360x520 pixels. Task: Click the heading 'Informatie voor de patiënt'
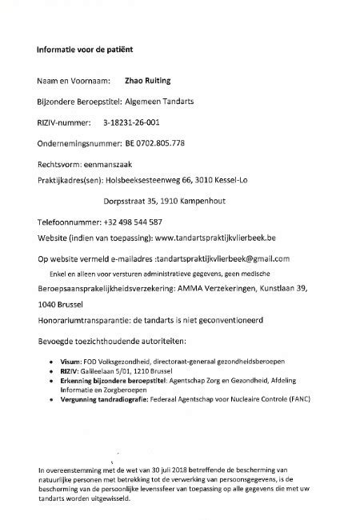[85, 50]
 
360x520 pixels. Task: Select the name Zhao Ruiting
[150, 82]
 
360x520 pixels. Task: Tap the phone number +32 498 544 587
[133, 222]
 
